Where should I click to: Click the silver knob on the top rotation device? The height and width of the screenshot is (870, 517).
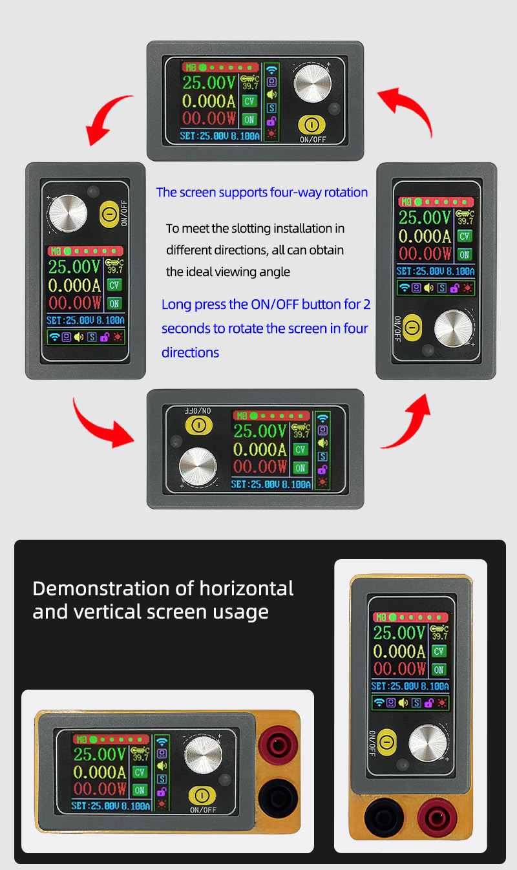point(312,84)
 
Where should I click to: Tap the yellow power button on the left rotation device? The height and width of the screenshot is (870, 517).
point(109,214)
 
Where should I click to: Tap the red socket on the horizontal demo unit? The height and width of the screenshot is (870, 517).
point(278,745)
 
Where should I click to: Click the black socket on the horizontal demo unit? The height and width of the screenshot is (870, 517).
point(278,798)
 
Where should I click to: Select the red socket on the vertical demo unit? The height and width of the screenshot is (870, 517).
point(437,818)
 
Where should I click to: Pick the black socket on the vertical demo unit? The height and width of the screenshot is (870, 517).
point(384,818)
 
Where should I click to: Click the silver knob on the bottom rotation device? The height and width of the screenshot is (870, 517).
point(198,467)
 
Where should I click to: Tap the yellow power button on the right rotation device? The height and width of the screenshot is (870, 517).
point(412,328)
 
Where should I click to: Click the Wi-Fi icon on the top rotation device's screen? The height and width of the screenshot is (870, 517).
point(271,70)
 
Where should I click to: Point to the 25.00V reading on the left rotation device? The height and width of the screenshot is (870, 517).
point(74,267)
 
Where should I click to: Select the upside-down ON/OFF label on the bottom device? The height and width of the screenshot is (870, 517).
point(198,410)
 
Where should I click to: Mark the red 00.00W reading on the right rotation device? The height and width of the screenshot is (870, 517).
point(425,254)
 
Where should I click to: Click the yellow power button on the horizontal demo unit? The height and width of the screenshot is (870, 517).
point(202,796)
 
